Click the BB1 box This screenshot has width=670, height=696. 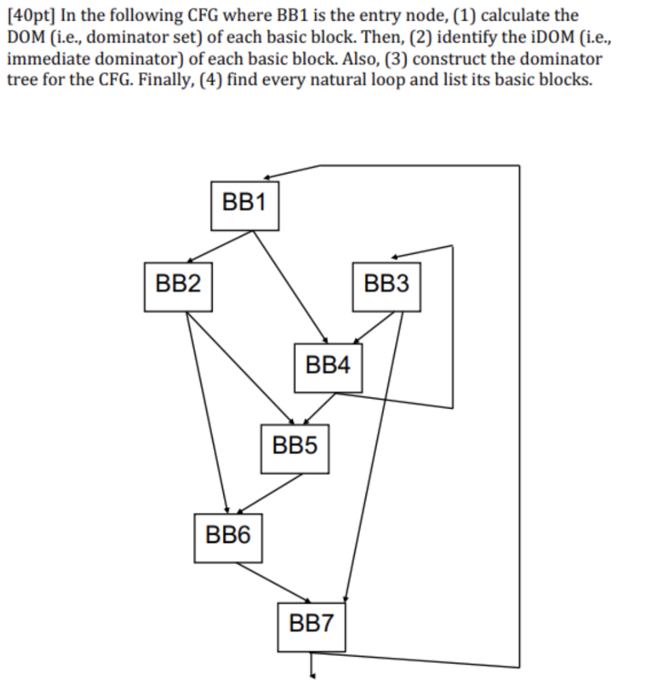[245, 206]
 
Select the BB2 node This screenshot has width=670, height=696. [178, 288]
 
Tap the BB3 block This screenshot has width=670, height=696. [387, 288]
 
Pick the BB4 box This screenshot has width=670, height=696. [328, 368]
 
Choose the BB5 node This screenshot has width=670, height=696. [295, 449]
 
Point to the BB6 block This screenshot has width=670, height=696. [228, 538]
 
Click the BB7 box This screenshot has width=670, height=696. [311, 627]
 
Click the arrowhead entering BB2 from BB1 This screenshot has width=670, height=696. [190, 260]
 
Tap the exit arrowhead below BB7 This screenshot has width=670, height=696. [313, 676]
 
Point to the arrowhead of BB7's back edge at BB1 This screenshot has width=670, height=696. [267, 177]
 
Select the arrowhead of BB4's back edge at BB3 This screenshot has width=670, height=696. [395, 256]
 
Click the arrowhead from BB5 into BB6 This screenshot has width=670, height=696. [240, 510]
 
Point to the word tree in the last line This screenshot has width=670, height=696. [21, 80]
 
